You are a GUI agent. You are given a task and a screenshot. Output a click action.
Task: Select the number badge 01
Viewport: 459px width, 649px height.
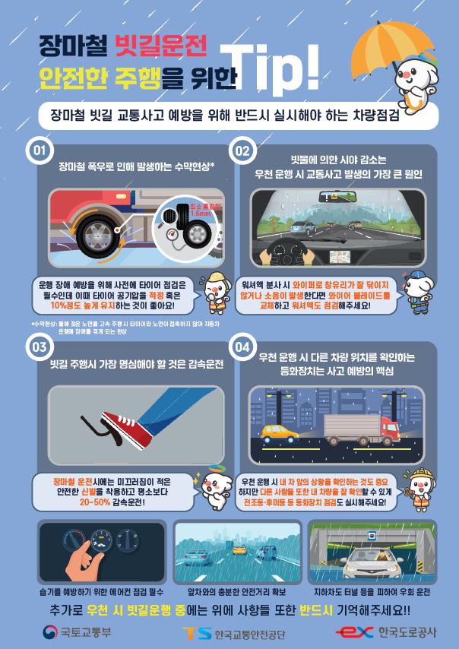click(x=39, y=150)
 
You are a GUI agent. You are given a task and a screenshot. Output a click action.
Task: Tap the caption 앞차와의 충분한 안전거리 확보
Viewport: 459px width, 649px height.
click(x=230, y=589)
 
